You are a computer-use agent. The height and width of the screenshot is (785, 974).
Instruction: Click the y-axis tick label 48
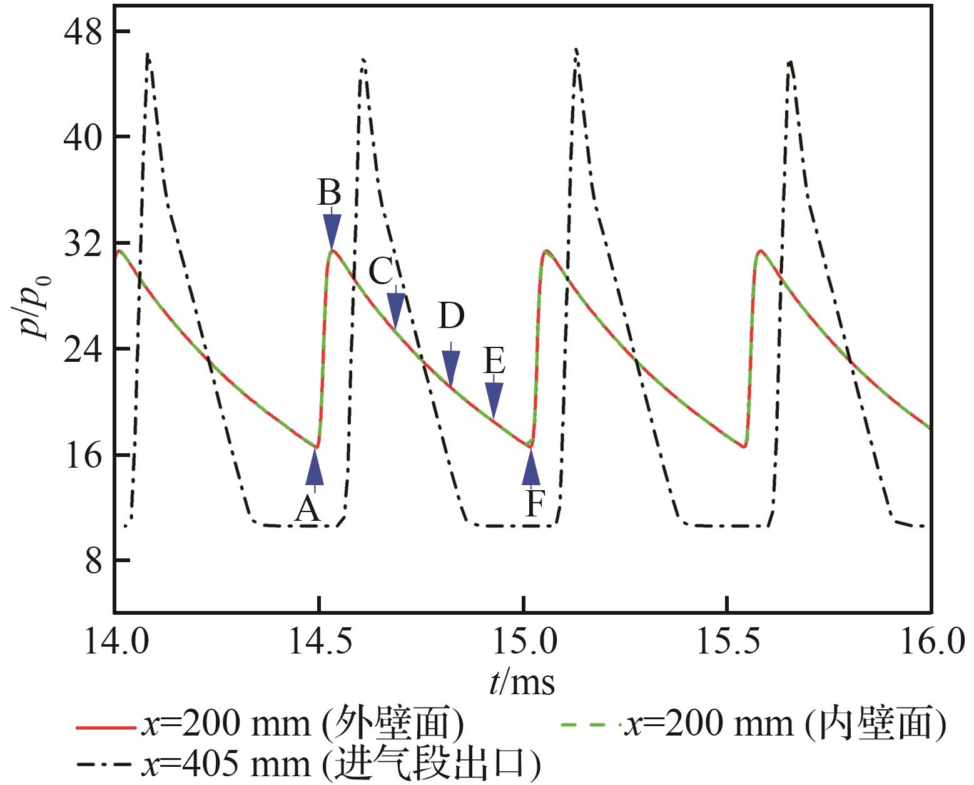83,33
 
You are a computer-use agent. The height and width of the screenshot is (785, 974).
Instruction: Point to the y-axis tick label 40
83,138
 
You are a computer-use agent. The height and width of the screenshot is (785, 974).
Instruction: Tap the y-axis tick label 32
83,244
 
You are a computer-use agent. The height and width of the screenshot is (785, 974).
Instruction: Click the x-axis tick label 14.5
319,643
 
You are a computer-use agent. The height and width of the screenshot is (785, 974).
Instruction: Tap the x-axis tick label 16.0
930,643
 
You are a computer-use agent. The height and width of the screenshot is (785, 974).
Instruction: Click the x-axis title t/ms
522,682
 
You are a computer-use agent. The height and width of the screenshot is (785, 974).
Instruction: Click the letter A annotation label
308,510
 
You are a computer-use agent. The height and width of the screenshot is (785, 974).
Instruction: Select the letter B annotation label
329,193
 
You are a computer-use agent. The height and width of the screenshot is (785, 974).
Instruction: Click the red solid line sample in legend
105,727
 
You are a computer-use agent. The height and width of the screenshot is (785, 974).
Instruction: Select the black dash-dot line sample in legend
105,765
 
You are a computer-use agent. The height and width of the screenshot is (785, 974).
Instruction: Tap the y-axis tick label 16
83,456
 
